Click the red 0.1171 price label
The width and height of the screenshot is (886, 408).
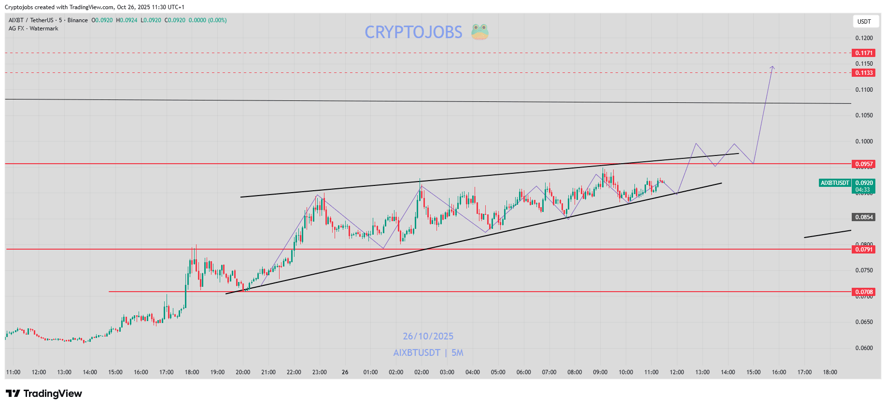pos(864,53)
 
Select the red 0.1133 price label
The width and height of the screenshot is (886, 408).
pos(864,73)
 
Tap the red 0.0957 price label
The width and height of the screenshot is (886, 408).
pos(864,164)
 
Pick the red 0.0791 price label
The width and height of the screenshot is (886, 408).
pos(864,250)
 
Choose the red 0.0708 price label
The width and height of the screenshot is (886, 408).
pos(864,292)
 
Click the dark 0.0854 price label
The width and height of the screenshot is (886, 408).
pos(864,217)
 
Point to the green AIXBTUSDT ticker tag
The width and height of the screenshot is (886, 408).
pos(835,183)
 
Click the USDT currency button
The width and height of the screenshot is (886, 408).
pos(864,22)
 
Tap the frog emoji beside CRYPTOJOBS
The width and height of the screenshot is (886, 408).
pos(480,32)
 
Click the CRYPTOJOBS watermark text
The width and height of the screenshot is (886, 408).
pos(413,32)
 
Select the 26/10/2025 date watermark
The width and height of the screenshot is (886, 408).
pos(428,337)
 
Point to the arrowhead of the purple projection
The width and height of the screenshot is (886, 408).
pos(773,67)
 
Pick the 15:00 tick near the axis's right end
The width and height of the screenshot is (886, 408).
pos(753,372)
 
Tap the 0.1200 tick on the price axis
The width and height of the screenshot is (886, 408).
pos(864,38)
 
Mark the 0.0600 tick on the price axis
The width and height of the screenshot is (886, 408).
pos(864,348)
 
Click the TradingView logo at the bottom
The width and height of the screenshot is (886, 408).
pos(44,394)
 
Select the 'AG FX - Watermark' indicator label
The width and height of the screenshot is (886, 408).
pos(33,28)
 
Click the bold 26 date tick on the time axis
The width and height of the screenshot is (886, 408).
pos(345,372)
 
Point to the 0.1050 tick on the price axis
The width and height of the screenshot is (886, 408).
pos(864,115)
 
